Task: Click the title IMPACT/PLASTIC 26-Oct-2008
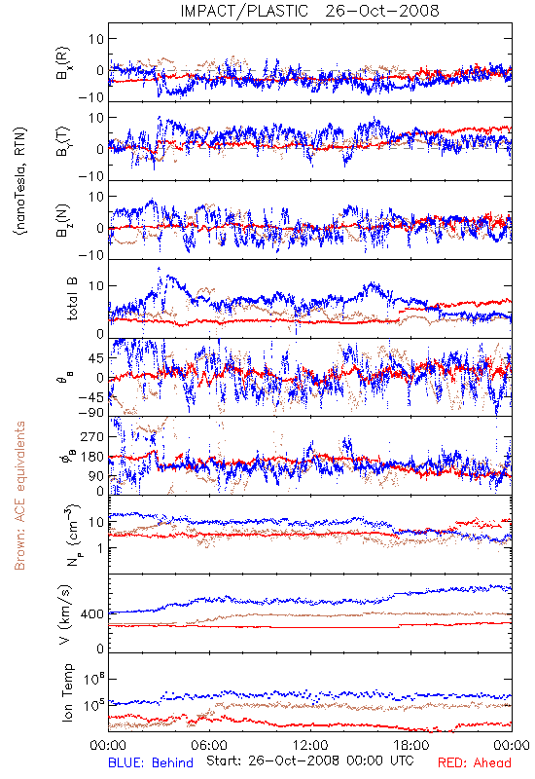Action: [309, 11]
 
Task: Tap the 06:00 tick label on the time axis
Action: [209, 745]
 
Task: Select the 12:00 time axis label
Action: [310, 745]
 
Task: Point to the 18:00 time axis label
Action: [411, 745]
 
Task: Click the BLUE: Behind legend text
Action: [151, 762]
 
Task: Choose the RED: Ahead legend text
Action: [475, 762]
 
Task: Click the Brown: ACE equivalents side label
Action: [19, 496]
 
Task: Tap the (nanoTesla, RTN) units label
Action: [20, 180]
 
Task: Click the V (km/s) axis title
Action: [65, 614]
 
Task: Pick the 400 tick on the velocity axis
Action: [92, 614]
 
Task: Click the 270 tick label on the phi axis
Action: [92, 437]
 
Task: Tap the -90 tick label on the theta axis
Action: [90, 413]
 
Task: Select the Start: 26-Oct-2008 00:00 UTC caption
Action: [309, 760]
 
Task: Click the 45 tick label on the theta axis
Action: [96, 358]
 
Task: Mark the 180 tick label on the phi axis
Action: [92, 457]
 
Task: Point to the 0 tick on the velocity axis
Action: [101, 649]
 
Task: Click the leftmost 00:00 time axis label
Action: [108, 745]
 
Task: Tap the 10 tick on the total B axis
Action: [96, 286]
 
